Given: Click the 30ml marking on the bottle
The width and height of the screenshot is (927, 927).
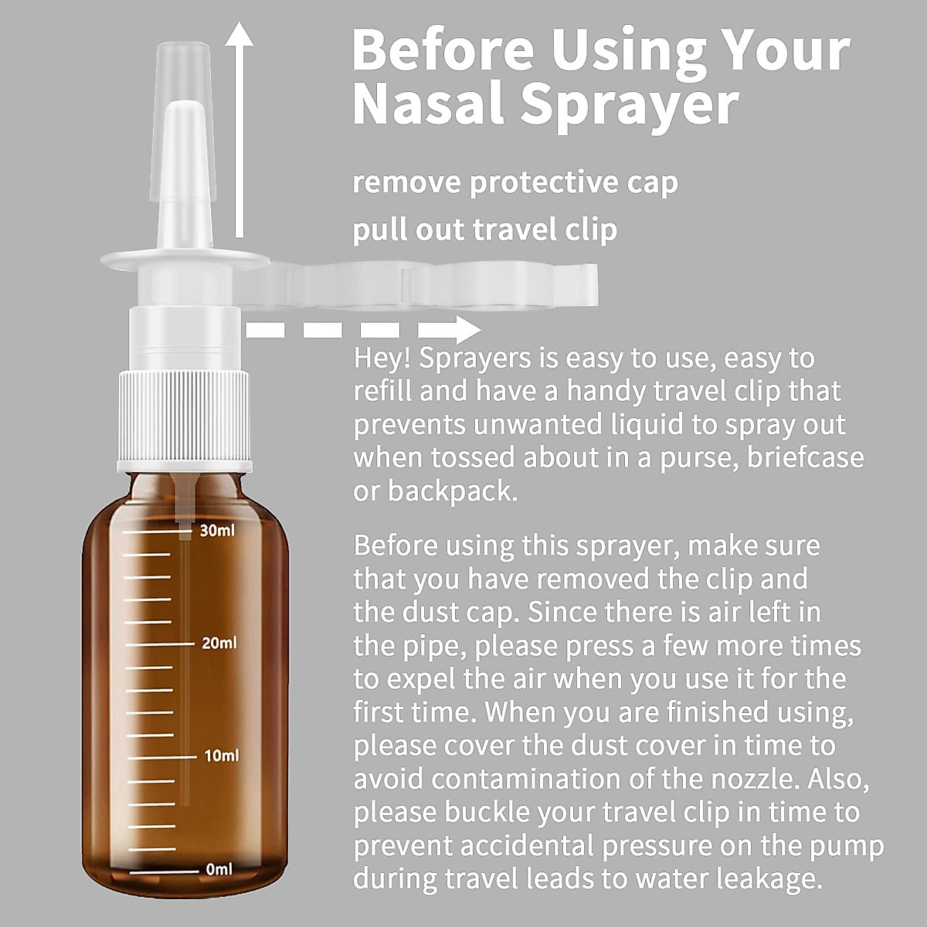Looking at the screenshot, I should pyautogui.click(x=216, y=531).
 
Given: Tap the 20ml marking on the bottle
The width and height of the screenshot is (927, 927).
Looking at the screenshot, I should pyautogui.click(x=219, y=643).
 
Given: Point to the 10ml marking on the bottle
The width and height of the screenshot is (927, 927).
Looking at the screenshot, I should pyautogui.click(x=221, y=756).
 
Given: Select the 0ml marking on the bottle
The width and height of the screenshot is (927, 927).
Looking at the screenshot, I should pyautogui.click(x=219, y=869).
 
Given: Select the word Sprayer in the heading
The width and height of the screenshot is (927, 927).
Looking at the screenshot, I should pyautogui.click(x=629, y=107).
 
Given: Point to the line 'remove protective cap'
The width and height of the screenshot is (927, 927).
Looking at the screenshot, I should pyautogui.click(x=515, y=183).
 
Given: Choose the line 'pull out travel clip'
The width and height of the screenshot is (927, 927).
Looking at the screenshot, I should pyautogui.click(x=485, y=229).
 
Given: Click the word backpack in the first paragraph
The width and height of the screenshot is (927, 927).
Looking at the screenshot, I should pyautogui.click(x=452, y=491).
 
